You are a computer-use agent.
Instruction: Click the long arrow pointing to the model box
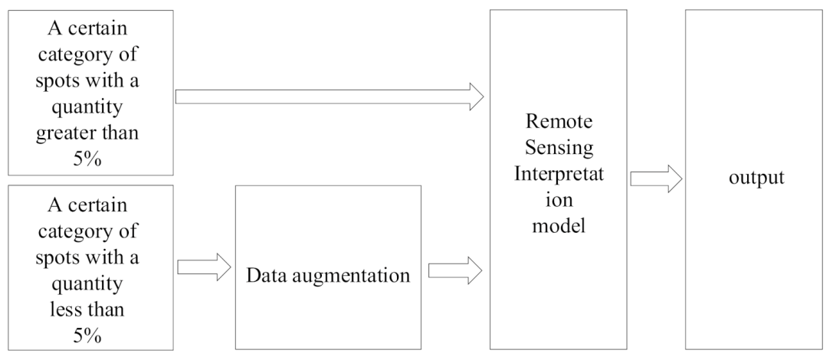click(330, 97)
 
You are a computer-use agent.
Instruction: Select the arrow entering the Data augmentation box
click(204, 267)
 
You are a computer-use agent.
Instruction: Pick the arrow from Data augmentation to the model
click(454, 269)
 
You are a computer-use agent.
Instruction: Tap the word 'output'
click(756, 178)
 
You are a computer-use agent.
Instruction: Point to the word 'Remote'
click(559, 123)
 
